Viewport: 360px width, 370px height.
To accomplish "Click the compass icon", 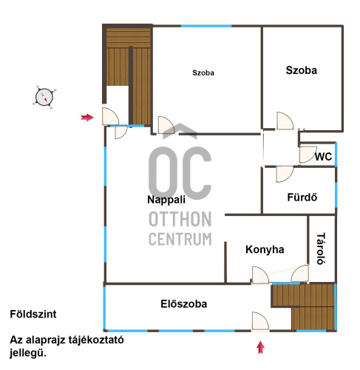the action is (x=44, y=97).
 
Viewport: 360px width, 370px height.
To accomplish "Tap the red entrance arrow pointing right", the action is (x=87, y=118).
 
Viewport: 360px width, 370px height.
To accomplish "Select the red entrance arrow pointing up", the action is (x=260, y=347).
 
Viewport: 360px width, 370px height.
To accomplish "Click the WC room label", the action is (x=323, y=157).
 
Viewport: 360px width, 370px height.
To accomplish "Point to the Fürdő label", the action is (x=302, y=198).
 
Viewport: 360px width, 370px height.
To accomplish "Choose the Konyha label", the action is (x=265, y=249).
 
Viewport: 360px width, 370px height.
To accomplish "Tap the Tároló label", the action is (x=321, y=249).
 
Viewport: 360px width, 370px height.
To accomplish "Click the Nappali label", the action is (x=166, y=200).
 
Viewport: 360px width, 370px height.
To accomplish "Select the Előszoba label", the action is (x=183, y=304).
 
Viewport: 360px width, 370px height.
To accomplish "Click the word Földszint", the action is (x=33, y=314).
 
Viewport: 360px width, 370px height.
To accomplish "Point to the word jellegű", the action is (x=28, y=353).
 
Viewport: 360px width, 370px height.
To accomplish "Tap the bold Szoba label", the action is (x=301, y=70).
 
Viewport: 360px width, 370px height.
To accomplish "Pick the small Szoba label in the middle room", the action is (x=203, y=73).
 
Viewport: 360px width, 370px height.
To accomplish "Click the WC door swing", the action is (x=308, y=155).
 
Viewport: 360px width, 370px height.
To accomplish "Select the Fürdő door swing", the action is (x=285, y=174).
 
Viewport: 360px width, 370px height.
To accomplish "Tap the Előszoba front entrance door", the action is (x=260, y=320).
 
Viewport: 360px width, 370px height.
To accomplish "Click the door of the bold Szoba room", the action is (x=285, y=121).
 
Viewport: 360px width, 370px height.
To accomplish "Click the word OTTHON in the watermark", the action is (x=180, y=219).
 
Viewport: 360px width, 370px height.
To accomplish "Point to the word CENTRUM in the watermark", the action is (x=180, y=239).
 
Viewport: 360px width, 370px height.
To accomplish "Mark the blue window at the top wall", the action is (x=206, y=26).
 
